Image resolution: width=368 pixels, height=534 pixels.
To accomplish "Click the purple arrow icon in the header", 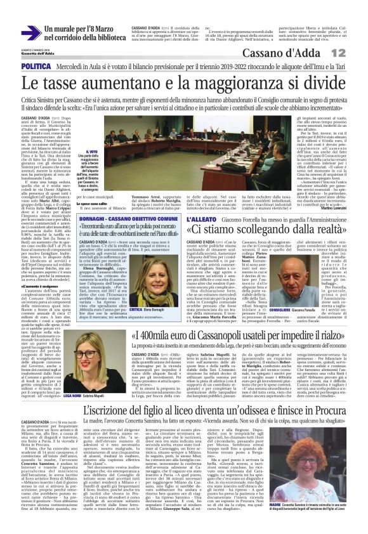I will click(31, 32).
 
